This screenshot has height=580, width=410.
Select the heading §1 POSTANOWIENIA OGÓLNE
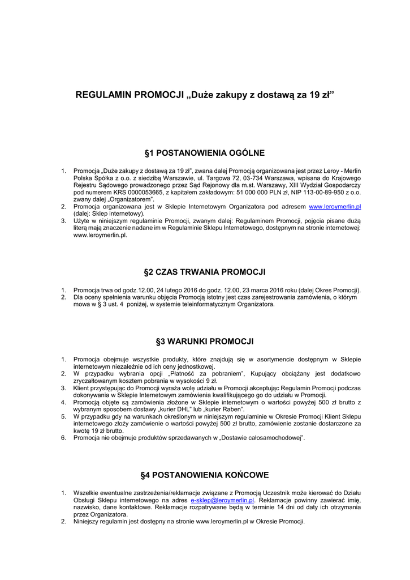coord(205,153)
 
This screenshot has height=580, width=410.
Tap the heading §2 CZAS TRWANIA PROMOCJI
coord(205,272)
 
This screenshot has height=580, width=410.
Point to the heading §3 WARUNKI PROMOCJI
coord(205,342)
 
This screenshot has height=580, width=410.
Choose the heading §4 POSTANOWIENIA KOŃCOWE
coord(205,475)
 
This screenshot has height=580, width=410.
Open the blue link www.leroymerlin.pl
coord(335,207)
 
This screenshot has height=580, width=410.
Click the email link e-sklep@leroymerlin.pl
coord(222,501)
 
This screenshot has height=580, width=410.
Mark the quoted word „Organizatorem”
coord(128,200)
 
